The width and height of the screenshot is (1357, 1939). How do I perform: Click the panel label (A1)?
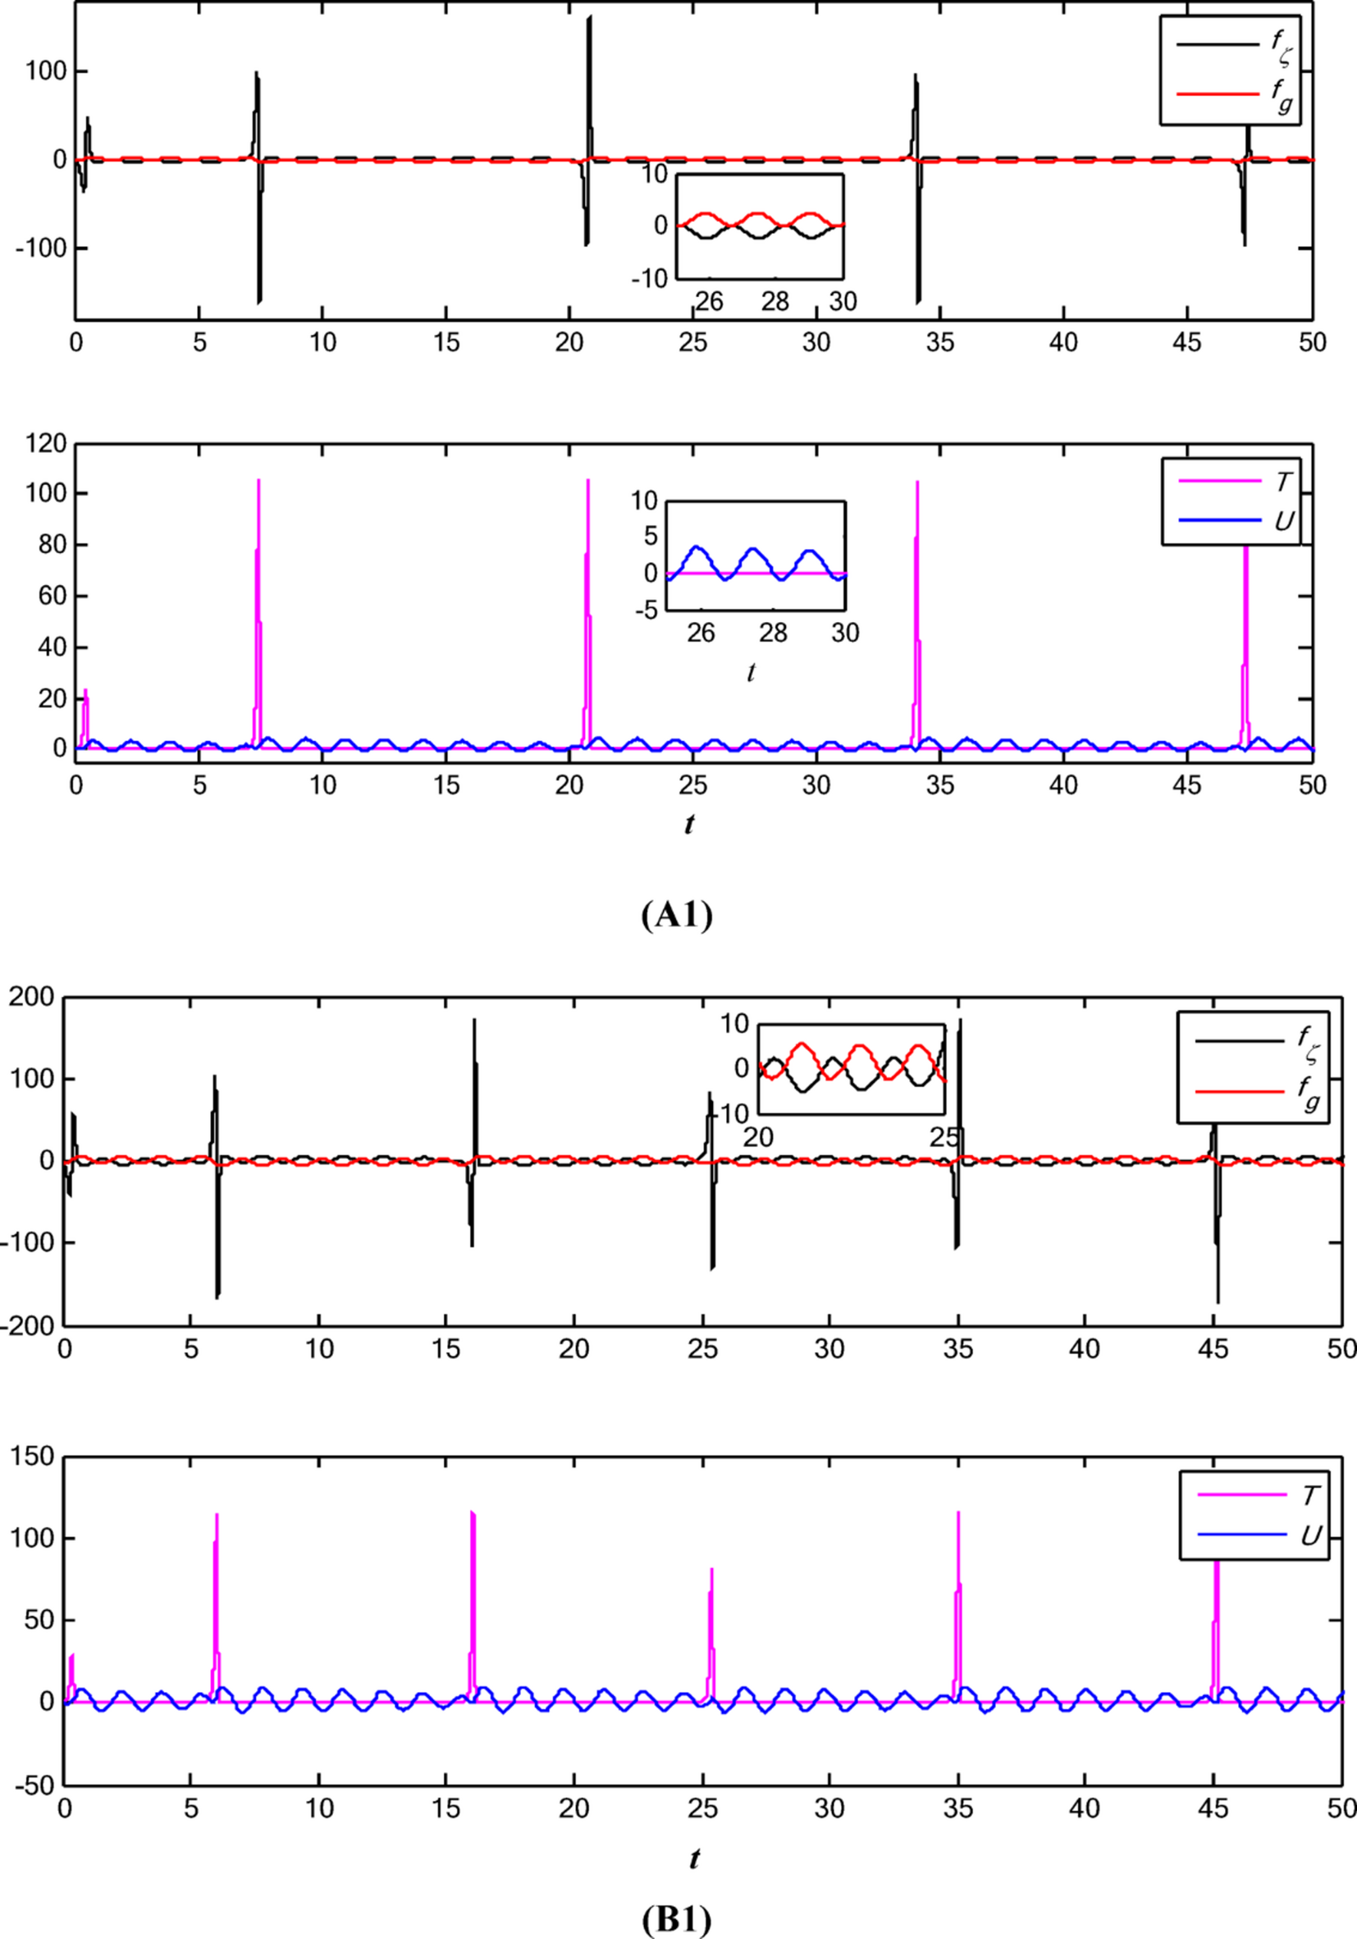(676, 916)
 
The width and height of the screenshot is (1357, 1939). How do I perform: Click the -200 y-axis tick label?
(30, 1326)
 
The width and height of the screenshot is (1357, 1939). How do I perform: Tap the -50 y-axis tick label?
(34, 1786)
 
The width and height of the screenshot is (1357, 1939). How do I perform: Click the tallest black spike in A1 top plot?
(589, 17)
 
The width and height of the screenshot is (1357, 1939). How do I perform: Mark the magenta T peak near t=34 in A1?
(917, 483)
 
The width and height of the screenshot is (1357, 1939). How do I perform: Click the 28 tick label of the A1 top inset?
(775, 300)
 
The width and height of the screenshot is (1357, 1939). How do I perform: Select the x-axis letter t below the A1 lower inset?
(751, 672)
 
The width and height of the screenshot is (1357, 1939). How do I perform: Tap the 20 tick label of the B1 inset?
(758, 1136)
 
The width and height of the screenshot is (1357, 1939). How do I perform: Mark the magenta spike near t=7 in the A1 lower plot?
(258, 482)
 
